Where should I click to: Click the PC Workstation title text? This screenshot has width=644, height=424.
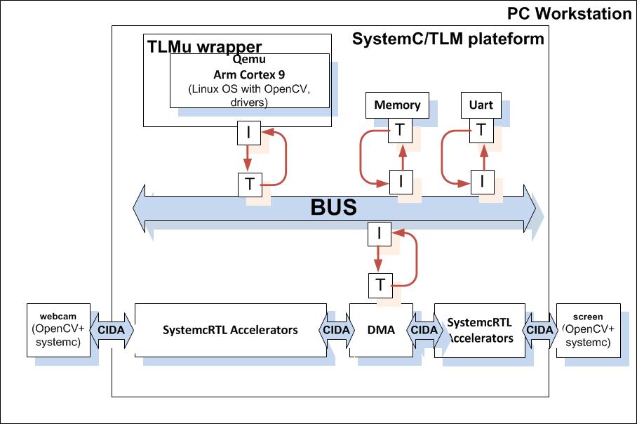point(569,13)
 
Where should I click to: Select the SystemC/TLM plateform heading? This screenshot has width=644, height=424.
point(448,39)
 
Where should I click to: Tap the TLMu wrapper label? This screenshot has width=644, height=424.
point(204,47)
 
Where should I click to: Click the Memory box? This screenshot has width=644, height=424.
point(397,105)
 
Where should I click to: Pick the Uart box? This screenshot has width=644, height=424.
point(481,105)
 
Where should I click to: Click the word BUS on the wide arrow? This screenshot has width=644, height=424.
point(334,208)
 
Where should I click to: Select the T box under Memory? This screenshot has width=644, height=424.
point(399,129)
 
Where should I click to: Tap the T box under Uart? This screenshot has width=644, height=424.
point(481,129)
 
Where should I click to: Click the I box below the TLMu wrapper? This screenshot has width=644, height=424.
point(248,131)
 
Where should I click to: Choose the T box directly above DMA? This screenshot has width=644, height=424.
point(380,284)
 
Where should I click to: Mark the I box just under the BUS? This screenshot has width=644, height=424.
point(379,234)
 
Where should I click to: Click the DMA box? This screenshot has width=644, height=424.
point(381,330)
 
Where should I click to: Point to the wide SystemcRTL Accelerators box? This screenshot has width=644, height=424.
point(230,330)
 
